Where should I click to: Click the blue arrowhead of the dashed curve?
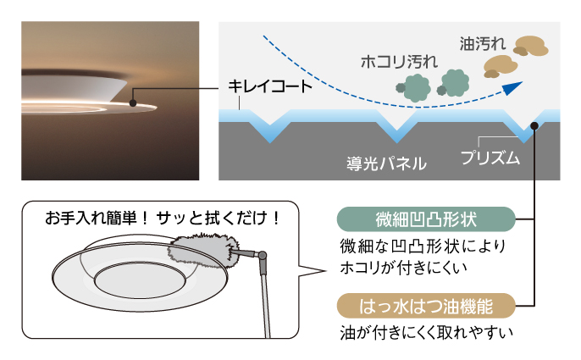512,86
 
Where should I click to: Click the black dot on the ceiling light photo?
133,103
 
